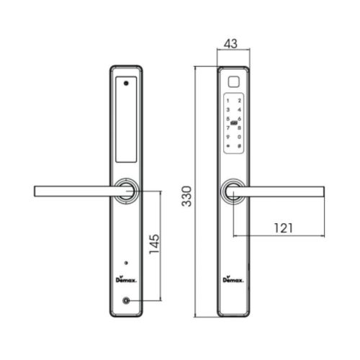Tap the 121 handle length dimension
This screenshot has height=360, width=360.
(x=282, y=228)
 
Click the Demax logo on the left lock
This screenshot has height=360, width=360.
(x=126, y=278)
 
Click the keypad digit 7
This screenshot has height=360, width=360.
(x=228, y=127)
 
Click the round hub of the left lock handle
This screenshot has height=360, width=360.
(x=127, y=192)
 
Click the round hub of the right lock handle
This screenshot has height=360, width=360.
(x=233, y=192)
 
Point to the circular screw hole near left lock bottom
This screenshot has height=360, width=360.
(x=127, y=302)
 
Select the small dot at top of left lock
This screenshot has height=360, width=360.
(x=127, y=82)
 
